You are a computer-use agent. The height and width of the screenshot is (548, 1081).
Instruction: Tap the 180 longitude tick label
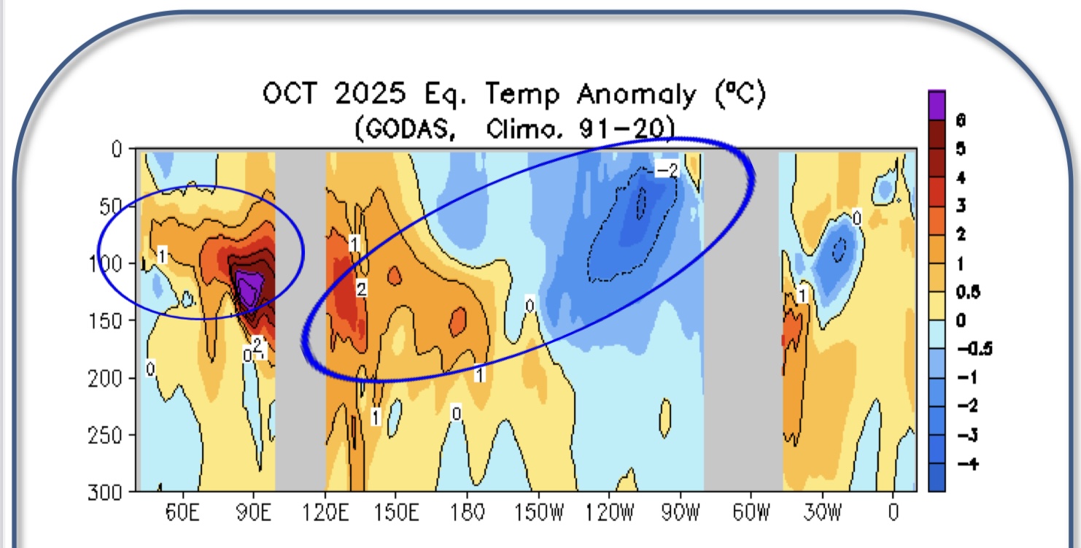click(468, 513)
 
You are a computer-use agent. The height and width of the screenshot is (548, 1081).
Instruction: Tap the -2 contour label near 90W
click(665, 170)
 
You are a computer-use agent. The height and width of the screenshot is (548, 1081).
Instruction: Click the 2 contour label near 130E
click(361, 289)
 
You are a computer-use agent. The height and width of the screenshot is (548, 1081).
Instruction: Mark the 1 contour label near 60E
click(162, 255)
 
